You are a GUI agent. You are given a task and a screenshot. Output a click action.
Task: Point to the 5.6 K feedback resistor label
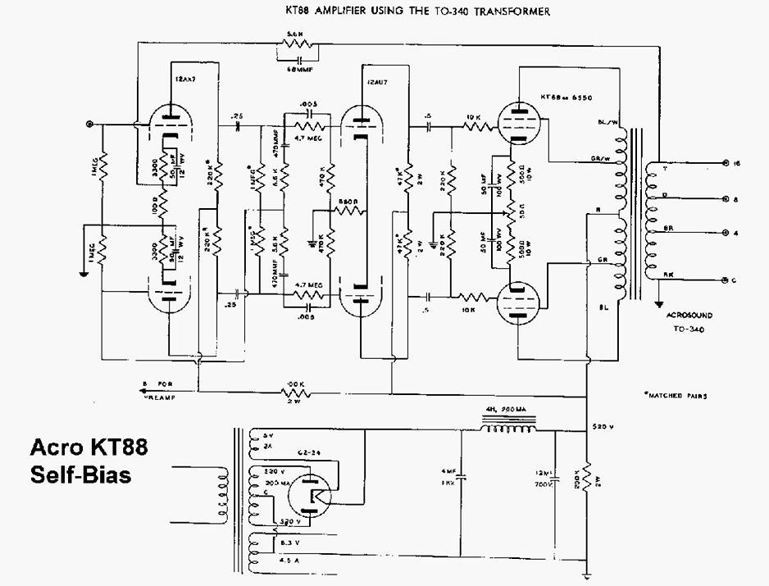point(293,34)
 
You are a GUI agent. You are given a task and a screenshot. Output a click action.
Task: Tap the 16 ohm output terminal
point(724,163)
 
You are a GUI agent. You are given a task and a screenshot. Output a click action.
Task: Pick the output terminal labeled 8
point(724,199)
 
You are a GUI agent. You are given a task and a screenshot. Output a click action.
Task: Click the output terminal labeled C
point(724,280)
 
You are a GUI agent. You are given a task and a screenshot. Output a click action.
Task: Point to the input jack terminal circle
point(90,125)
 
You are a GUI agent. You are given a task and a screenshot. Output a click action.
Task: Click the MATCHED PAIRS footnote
point(676,395)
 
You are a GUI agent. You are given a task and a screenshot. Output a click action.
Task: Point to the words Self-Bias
point(80,475)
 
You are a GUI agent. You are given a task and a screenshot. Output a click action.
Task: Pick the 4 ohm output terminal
point(724,233)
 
